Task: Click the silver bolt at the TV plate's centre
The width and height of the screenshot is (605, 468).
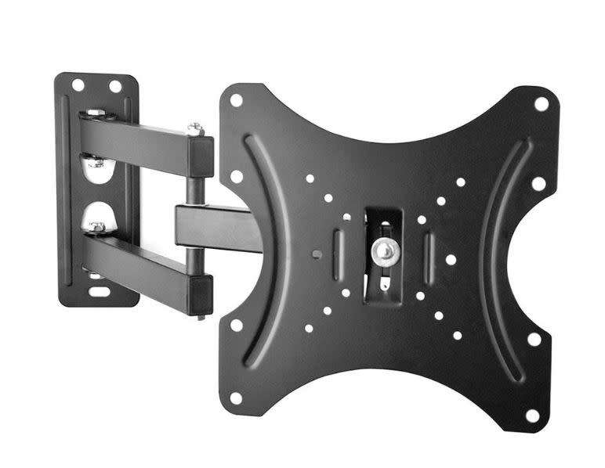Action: click(x=384, y=250)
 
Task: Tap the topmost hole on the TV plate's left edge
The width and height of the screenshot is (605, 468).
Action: click(x=234, y=100)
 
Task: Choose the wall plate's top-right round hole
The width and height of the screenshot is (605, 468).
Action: click(x=114, y=85)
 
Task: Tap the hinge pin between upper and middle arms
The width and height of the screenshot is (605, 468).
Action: click(x=194, y=180)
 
